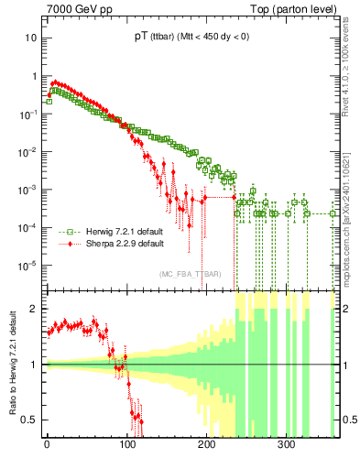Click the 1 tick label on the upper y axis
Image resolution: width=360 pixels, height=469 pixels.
coord(33,76)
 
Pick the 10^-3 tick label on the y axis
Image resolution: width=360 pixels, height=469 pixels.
coord(27,190)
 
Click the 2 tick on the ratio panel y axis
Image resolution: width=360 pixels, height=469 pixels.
coord(34,309)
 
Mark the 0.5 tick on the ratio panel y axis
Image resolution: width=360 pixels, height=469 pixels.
coord(30,420)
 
